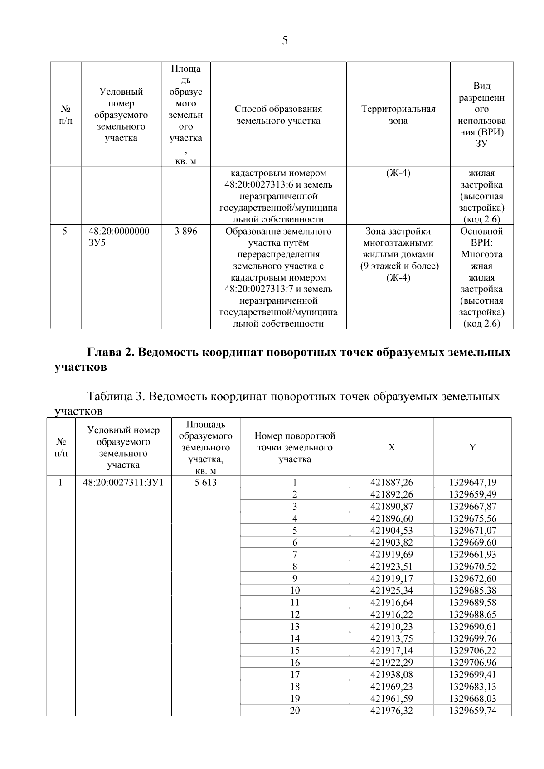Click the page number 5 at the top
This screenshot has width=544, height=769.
[x=285, y=41]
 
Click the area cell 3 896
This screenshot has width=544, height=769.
[x=186, y=232]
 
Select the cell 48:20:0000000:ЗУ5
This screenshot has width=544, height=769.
[x=121, y=237]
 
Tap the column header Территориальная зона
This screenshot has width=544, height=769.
[x=398, y=115]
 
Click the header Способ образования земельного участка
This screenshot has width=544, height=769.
[x=278, y=115]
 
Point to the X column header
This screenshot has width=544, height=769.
[x=392, y=447]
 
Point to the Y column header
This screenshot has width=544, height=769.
[x=472, y=447]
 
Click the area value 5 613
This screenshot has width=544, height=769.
[x=206, y=483]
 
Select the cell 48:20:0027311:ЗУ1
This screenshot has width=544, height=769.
[x=123, y=483]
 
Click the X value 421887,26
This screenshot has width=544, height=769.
[x=392, y=483]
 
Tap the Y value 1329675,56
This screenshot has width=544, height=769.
[x=473, y=518]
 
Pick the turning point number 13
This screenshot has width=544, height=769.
[x=295, y=627]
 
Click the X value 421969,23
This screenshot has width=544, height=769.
[x=392, y=687]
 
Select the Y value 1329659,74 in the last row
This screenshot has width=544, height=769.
[x=473, y=711]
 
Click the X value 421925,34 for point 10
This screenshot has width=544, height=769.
[x=392, y=590]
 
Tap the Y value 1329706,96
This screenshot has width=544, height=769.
[x=473, y=663]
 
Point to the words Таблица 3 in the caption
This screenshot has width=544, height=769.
[x=115, y=397]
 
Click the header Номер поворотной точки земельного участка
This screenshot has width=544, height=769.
[x=295, y=447]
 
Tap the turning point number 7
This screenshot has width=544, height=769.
[x=295, y=554]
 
